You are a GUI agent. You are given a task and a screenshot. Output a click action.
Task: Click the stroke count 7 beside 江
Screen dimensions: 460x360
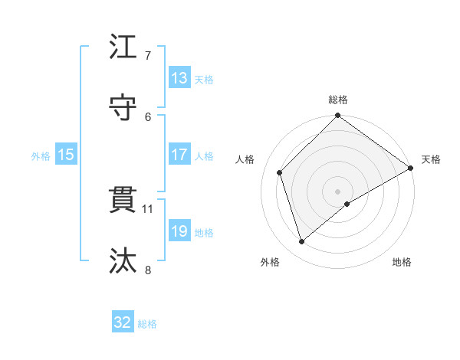pyautogui.click(x=148, y=56)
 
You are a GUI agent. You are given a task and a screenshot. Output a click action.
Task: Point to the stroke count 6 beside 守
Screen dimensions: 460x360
pyautogui.click(x=148, y=116)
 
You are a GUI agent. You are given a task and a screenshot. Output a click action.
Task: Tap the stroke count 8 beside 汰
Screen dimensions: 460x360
pyautogui.click(x=148, y=269)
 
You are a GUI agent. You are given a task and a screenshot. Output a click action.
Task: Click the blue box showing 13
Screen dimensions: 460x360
pyautogui.click(x=179, y=78)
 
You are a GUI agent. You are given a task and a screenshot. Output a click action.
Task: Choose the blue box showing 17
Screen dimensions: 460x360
pyautogui.click(x=179, y=155)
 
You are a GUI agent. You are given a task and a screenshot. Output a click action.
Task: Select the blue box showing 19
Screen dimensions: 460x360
pyautogui.click(x=179, y=231)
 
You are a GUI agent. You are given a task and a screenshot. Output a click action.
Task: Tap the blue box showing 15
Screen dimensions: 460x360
pyautogui.click(x=66, y=155)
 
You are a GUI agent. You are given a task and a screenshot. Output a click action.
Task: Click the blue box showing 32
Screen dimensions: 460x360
pyautogui.click(x=123, y=322)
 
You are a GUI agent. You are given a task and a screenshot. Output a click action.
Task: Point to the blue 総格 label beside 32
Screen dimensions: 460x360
pyautogui.click(x=148, y=324)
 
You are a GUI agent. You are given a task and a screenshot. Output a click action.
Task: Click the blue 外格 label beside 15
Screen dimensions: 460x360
pyautogui.click(x=41, y=156)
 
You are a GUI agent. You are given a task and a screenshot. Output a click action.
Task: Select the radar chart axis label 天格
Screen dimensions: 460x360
pyautogui.click(x=431, y=159)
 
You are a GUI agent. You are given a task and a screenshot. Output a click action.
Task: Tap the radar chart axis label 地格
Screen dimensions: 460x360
pyautogui.click(x=402, y=263)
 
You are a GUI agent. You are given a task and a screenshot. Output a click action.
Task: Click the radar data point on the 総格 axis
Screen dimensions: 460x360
pyautogui.click(x=337, y=116)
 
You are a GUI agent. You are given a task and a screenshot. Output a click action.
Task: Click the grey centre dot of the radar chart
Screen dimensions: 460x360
pyautogui.click(x=337, y=191)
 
